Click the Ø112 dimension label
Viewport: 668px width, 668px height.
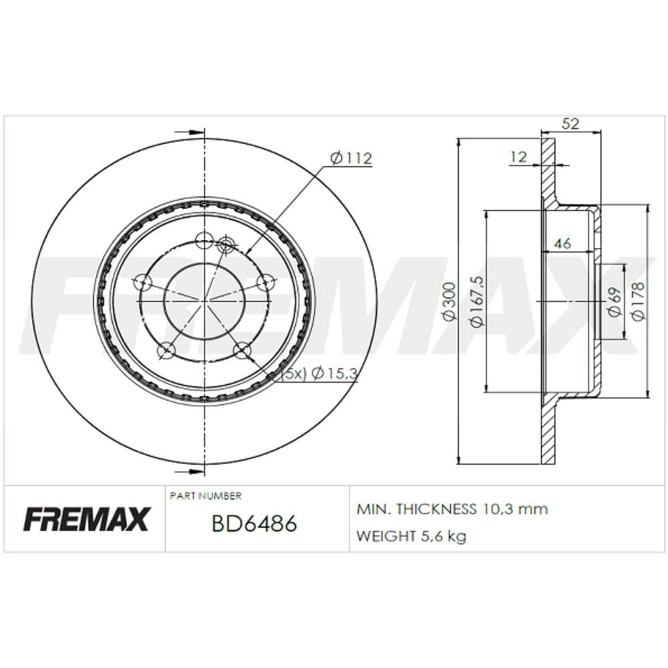pos(351,158)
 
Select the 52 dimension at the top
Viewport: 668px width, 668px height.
pos(571,124)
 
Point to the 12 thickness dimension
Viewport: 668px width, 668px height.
pos(518,157)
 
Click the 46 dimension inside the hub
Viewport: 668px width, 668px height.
pos(562,244)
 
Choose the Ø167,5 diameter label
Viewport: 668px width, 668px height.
pos(477,301)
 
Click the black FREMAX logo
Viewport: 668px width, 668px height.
pos(86,519)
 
